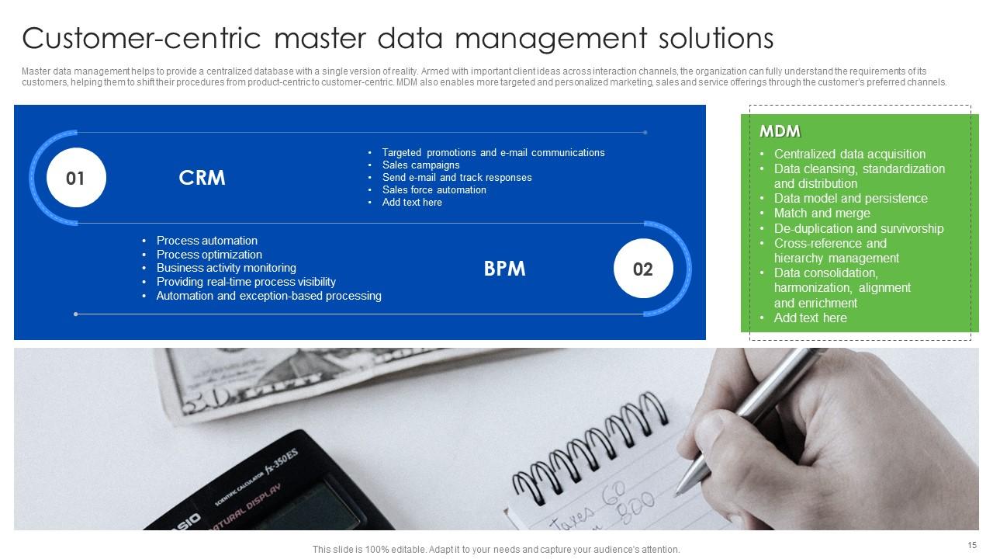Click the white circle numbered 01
(75, 179)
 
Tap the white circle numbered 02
(642, 269)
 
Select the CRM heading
(202, 178)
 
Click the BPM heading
(504, 269)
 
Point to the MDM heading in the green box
(780, 131)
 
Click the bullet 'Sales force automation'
(434, 189)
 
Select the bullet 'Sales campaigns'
(420, 165)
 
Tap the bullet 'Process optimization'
(209, 255)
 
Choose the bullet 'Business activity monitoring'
(226, 268)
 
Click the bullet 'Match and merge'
(822, 213)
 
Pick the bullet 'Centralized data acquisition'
(849, 154)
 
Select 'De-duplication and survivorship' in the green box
(858, 228)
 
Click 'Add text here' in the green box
(810, 318)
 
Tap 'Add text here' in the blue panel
(412, 202)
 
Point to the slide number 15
(972, 545)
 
